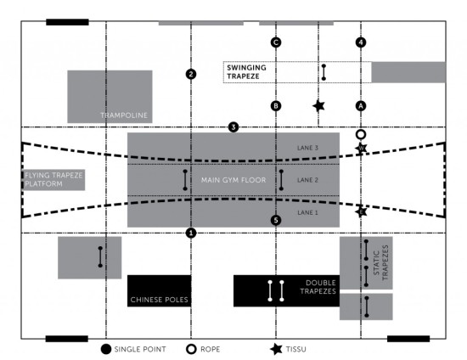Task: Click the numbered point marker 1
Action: (191, 233)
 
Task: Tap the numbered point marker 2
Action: (191, 74)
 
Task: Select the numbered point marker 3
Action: (233, 127)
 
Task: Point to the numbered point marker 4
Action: (361, 42)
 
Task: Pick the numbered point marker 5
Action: (276, 220)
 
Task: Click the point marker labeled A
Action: (361, 105)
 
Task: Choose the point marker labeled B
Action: (276, 105)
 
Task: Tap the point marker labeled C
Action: (276, 42)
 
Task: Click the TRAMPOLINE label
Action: (124, 115)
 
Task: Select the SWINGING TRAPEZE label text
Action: (246, 72)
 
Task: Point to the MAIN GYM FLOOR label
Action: (233, 180)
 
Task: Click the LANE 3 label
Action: (307, 148)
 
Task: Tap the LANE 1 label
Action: (307, 212)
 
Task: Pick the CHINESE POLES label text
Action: (160, 300)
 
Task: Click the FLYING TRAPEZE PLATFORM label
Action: (53, 179)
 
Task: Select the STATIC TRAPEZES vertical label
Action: (381, 262)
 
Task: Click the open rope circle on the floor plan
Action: (361, 135)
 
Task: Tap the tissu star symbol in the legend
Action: (277, 349)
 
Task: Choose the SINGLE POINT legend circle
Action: (106, 349)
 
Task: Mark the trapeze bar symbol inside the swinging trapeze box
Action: (324, 72)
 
